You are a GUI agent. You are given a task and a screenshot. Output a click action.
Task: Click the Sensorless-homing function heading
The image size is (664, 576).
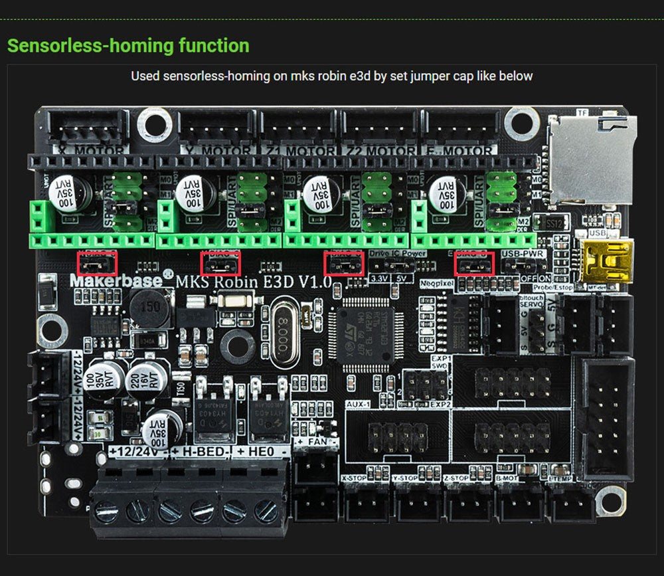(128, 46)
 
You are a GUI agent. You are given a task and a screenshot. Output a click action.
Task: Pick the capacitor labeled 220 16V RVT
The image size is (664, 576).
(146, 379)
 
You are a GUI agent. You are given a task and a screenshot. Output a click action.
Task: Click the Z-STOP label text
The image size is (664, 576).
(457, 478)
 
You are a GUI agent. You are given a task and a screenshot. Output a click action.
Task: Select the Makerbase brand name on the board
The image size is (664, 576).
(116, 280)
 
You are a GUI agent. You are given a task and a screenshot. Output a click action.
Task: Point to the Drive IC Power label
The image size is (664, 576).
(398, 253)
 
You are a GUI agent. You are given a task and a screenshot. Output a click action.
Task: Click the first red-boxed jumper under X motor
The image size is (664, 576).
(97, 264)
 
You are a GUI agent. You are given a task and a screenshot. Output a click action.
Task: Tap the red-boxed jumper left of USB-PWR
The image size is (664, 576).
(474, 264)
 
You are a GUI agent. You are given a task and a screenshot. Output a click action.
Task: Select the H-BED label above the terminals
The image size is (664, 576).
(200, 452)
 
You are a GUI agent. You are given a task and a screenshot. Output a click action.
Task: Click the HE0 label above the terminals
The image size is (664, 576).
(260, 452)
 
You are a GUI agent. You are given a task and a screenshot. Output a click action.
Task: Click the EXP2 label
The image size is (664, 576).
(440, 404)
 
